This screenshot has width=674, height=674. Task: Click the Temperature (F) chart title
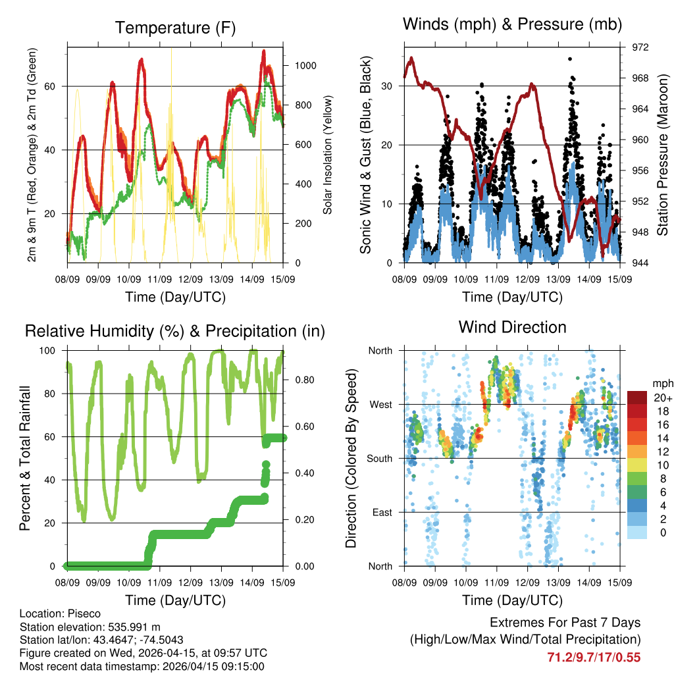[x=175, y=28]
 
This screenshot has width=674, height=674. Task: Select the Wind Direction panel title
[x=512, y=327]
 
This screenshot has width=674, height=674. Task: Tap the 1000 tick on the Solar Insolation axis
[x=306, y=66]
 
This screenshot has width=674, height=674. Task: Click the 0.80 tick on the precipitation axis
[x=303, y=380]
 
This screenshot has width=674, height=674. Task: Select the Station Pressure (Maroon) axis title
[x=663, y=155]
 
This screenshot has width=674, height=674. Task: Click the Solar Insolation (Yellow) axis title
[x=327, y=155]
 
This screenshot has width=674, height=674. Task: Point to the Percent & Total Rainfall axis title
[x=24, y=458]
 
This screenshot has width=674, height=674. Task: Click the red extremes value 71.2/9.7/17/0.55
[x=594, y=657]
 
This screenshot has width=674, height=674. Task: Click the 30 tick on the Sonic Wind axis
[x=386, y=86]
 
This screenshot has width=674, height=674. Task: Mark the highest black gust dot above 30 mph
[x=570, y=59]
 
